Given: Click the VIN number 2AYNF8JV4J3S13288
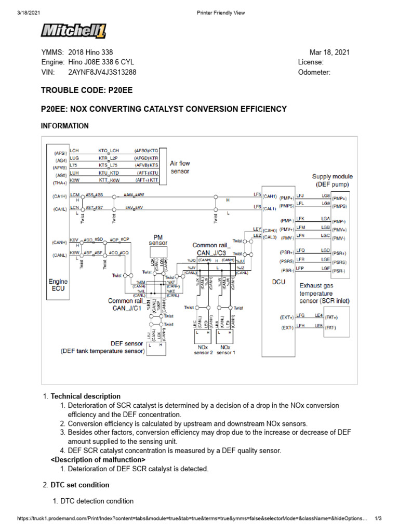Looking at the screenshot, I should coord(102,72).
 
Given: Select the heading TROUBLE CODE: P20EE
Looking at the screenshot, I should coord(87,90).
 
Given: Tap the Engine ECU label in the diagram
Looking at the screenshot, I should coord(58,285).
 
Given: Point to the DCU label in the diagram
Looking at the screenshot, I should coord(279,283).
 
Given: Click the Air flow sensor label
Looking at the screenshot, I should coord(180,167).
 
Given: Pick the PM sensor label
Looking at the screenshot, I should coord(158,240).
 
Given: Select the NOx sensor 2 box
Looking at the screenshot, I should coord(204,349).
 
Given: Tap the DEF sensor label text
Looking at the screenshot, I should coord(127,343).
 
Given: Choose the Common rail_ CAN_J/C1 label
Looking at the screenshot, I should coord(126,304).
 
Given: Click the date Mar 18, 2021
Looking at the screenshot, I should coord(329,52).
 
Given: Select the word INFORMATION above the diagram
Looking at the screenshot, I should coord(64,126).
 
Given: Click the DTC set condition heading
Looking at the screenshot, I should coord(79,485).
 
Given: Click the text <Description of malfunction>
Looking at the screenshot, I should coord(98,460).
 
